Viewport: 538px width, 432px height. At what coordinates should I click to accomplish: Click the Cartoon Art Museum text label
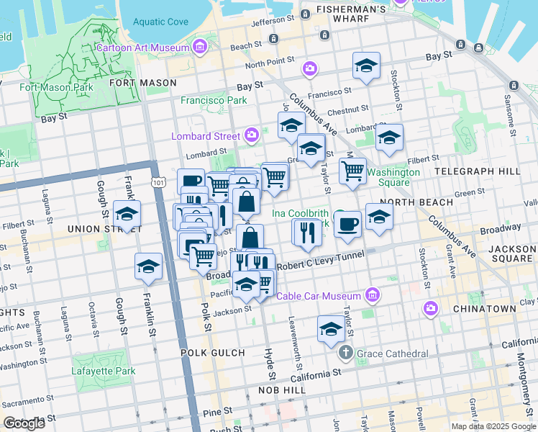click(143, 48)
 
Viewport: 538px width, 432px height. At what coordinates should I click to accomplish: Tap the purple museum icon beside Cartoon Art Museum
click(199, 48)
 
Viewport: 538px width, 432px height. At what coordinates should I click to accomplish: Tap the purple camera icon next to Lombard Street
click(252, 135)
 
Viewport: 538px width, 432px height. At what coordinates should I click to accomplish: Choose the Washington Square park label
click(393, 177)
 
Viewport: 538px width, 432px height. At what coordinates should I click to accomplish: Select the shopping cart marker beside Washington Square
click(352, 171)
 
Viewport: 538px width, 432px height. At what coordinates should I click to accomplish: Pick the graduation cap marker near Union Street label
click(127, 214)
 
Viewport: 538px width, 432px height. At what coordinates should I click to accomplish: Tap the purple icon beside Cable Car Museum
click(371, 295)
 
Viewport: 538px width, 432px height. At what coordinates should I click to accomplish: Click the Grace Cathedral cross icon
click(346, 354)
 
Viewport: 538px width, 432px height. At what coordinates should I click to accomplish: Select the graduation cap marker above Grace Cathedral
click(331, 329)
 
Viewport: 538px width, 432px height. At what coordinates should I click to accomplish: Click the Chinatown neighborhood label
click(484, 308)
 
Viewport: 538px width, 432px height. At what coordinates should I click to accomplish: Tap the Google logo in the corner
click(24, 423)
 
